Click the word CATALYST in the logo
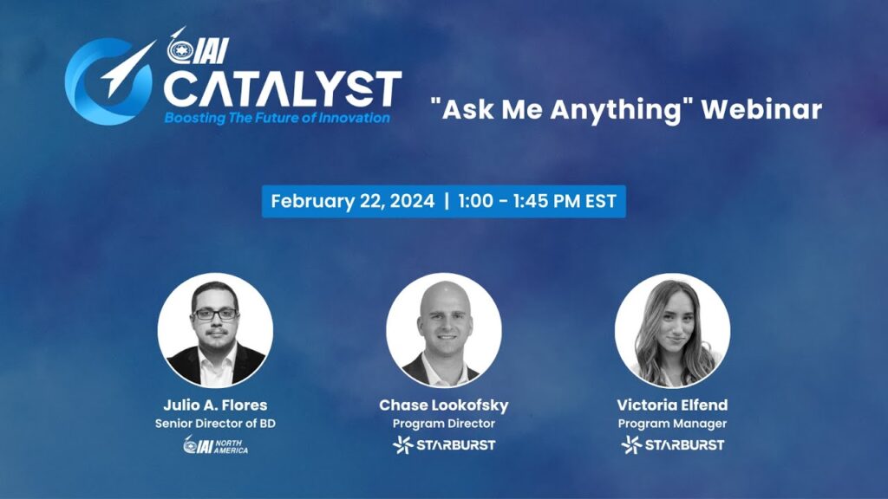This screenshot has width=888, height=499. pos(283,87)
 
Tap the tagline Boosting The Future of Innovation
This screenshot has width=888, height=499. pos(277,118)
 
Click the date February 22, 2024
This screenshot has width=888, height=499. pos(351,201)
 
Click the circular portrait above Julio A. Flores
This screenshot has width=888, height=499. pos(215,329)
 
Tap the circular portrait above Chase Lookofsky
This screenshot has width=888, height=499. pos(443,329)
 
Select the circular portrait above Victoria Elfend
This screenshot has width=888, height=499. pos(672,329)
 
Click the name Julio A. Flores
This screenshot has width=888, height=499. pos(215,405)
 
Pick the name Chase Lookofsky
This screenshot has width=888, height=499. pos(443,405)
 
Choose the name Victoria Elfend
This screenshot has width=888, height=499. pos(672,405)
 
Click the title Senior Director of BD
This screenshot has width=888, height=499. pos(215,424)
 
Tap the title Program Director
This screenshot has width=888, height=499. pos(443,424)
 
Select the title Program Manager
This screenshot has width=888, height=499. pos(672,424)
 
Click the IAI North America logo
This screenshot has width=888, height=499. pos(215,445)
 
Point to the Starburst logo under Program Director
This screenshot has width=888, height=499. pos(443,445)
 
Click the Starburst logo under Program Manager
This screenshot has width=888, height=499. pos(672,445)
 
